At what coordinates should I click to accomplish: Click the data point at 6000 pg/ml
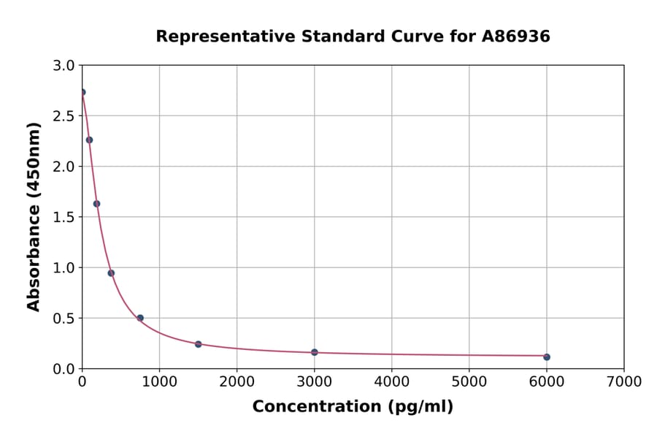coord(547,357)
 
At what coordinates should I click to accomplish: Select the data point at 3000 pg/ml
coord(315,352)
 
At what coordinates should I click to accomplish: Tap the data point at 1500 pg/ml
coord(199,344)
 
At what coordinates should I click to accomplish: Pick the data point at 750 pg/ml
coord(140,318)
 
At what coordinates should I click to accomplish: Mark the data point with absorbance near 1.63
coord(96,204)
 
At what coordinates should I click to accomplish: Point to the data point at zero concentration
coord(82,92)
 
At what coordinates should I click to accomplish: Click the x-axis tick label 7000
coord(624,381)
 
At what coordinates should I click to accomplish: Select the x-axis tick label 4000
coord(392,381)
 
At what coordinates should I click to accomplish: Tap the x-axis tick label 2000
coord(237,381)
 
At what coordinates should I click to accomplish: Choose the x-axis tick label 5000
coord(469,381)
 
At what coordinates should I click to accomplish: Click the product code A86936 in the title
coord(517,36)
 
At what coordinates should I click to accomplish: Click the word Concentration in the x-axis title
coord(308,407)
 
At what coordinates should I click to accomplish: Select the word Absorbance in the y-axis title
coord(34,259)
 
